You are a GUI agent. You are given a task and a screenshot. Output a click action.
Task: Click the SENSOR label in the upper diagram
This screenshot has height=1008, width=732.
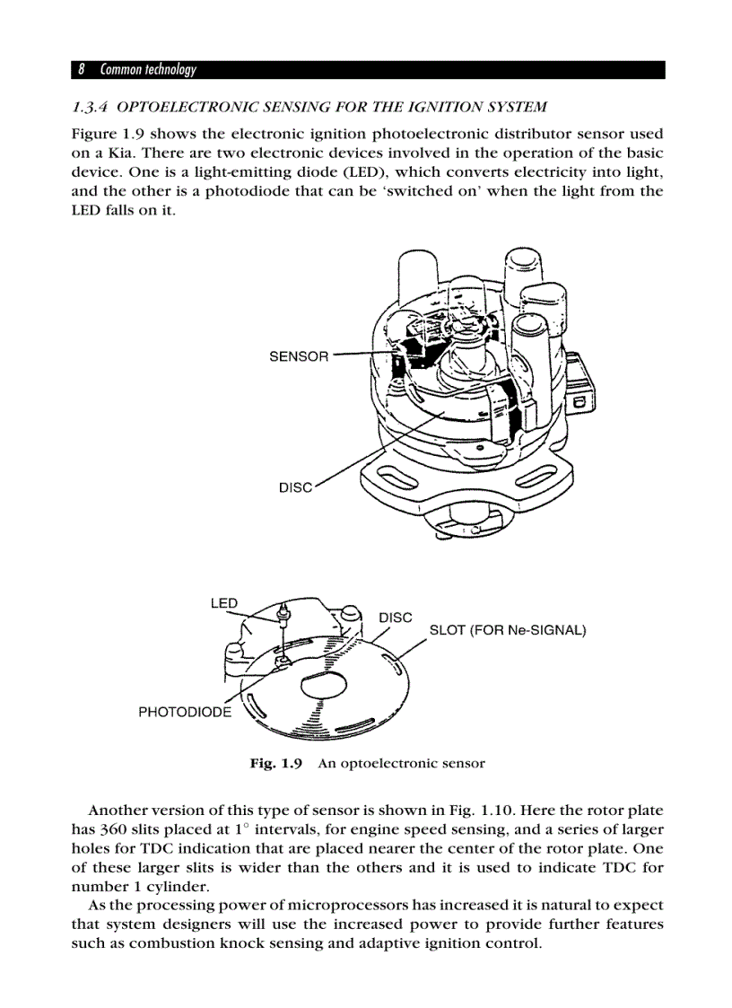[x=299, y=356]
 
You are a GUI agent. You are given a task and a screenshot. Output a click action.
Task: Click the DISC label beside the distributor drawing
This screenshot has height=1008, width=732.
[x=295, y=487]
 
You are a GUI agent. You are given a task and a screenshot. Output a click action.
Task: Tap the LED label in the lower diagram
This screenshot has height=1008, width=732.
[x=223, y=603]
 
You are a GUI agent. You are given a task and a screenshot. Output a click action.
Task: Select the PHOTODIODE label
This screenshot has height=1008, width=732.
[x=184, y=712]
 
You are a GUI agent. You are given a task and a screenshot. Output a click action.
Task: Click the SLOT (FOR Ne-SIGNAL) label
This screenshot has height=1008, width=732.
[x=508, y=630]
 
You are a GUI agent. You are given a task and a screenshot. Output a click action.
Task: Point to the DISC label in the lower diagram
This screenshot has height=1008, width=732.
[x=396, y=618]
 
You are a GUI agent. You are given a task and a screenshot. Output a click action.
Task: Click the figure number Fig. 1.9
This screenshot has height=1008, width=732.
[x=276, y=764]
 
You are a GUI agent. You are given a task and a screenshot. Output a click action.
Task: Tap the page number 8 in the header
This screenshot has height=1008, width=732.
[x=81, y=69]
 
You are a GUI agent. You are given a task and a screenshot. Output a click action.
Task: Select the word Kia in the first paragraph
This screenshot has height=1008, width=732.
[x=107, y=153]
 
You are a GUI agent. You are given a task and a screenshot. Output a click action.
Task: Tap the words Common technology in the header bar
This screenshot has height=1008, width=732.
[x=148, y=69]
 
